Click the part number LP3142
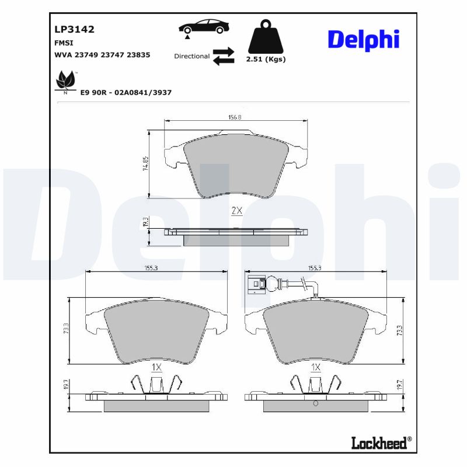pos(74,29)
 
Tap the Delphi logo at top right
pos(363,39)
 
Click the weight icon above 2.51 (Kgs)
pos(266,37)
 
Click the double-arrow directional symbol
pos(223,56)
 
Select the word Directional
pos(191,57)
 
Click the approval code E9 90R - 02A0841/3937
pos(126,92)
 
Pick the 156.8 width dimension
pos(235,117)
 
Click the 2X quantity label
pos(236,211)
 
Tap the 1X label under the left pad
pos(156,368)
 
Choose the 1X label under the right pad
pos(316,368)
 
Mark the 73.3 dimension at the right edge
pos(399,330)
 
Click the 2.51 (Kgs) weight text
pos(266,60)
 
